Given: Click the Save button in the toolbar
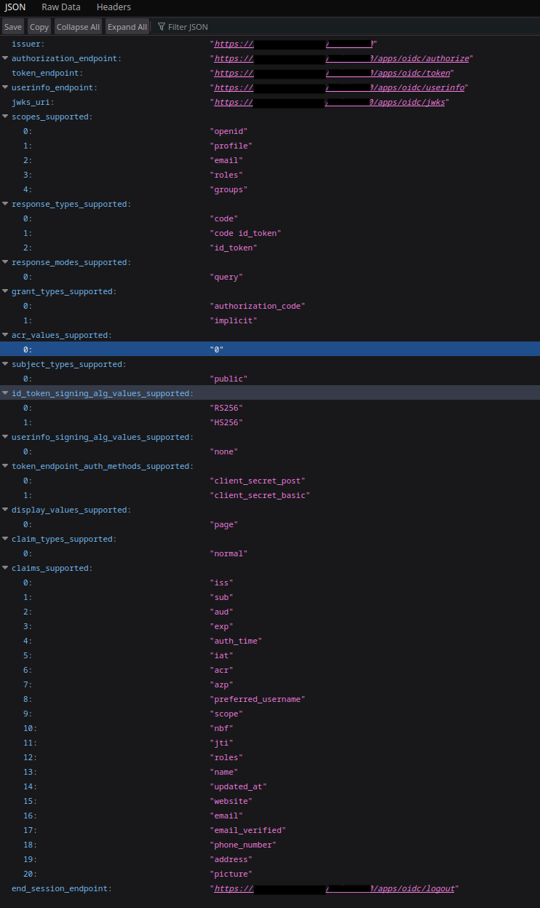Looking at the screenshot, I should click(x=13, y=27).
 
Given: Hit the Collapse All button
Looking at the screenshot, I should click(x=78, y=27).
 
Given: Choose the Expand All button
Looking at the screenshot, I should click(x=127, y=27).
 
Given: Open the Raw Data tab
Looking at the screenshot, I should click(x=61, y=7).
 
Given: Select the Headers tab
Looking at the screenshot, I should click(x=114, y=7).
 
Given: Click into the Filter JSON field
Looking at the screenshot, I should click(x=188, y=27).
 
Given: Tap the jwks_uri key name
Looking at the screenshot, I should click(x=32, y=102).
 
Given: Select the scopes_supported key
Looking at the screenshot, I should click(x=52, y=117).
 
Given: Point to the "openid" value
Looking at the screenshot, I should click(x=229, y=131).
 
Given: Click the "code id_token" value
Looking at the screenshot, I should click(x=247, y=233).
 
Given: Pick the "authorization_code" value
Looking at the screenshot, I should click(x=258, y=306).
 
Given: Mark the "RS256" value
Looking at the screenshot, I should click(x=226, y=408).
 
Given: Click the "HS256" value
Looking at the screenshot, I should click(x=226, y=422).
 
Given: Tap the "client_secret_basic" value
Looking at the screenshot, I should click(x=260, y=495).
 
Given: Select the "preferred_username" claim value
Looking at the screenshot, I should click(x=258, y=699).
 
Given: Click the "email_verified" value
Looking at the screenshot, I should click(x=247, y=830).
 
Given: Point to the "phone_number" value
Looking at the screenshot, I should click(x=243, y=845).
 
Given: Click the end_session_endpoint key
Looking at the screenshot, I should click(x=62, y=888).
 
